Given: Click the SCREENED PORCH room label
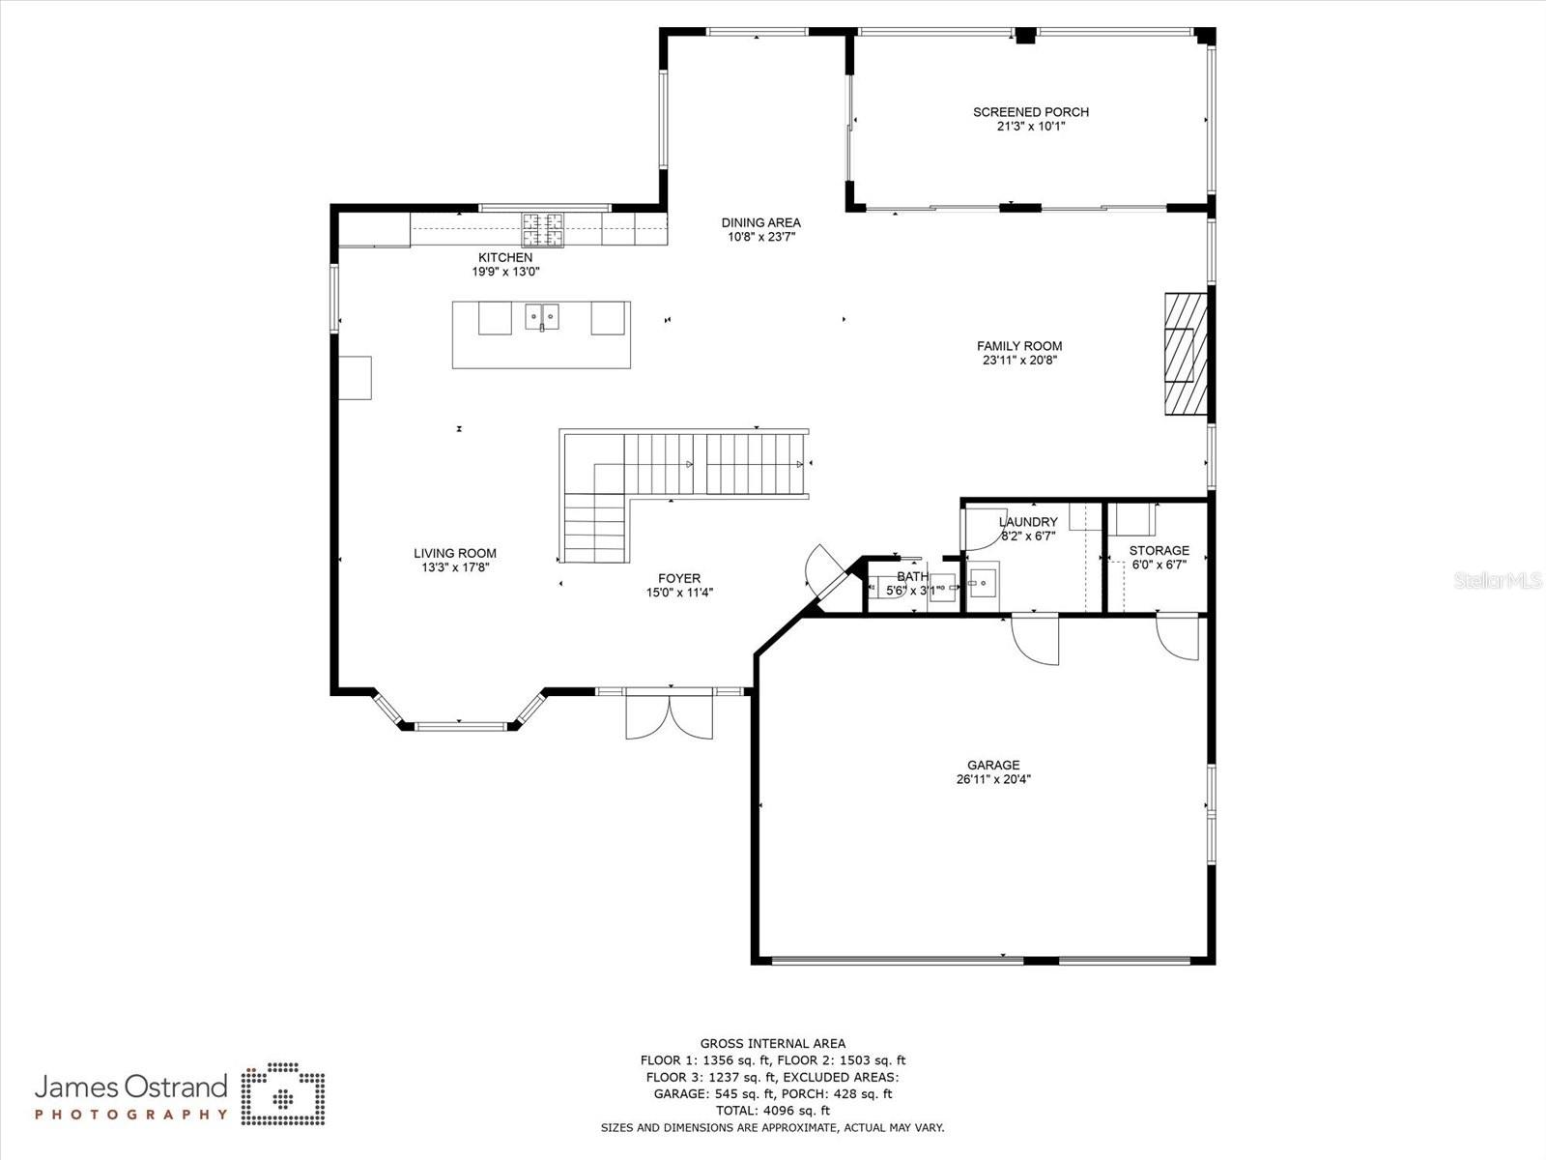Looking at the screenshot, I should point(1030,112).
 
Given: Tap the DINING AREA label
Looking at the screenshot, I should point(760,222).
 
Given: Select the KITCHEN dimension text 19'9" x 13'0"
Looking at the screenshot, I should point(505,273).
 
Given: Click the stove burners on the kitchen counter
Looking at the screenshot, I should point(542,229).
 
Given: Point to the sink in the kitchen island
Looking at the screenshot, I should point(542,316).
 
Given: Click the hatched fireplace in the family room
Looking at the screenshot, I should point(1185,355).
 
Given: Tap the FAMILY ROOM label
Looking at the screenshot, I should point(1018,346).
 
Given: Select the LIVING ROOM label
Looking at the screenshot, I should point(455,554).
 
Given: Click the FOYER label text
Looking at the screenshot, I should point(679,579).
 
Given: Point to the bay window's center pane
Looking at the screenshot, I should point(460,725).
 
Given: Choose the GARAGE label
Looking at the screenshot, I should point(993,765).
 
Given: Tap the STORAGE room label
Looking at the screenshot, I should point(1159,551).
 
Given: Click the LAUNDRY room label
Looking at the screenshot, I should point(1028,522).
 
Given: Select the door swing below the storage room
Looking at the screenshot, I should point(1179,638).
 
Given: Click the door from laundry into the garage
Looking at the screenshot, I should point(1036,640).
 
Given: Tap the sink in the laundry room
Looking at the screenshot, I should point(983,583).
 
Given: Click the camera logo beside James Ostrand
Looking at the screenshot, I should point(283,1095).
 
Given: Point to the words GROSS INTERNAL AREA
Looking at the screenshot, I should point(772,1043).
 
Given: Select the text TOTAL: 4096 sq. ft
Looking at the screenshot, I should point(772,1111).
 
